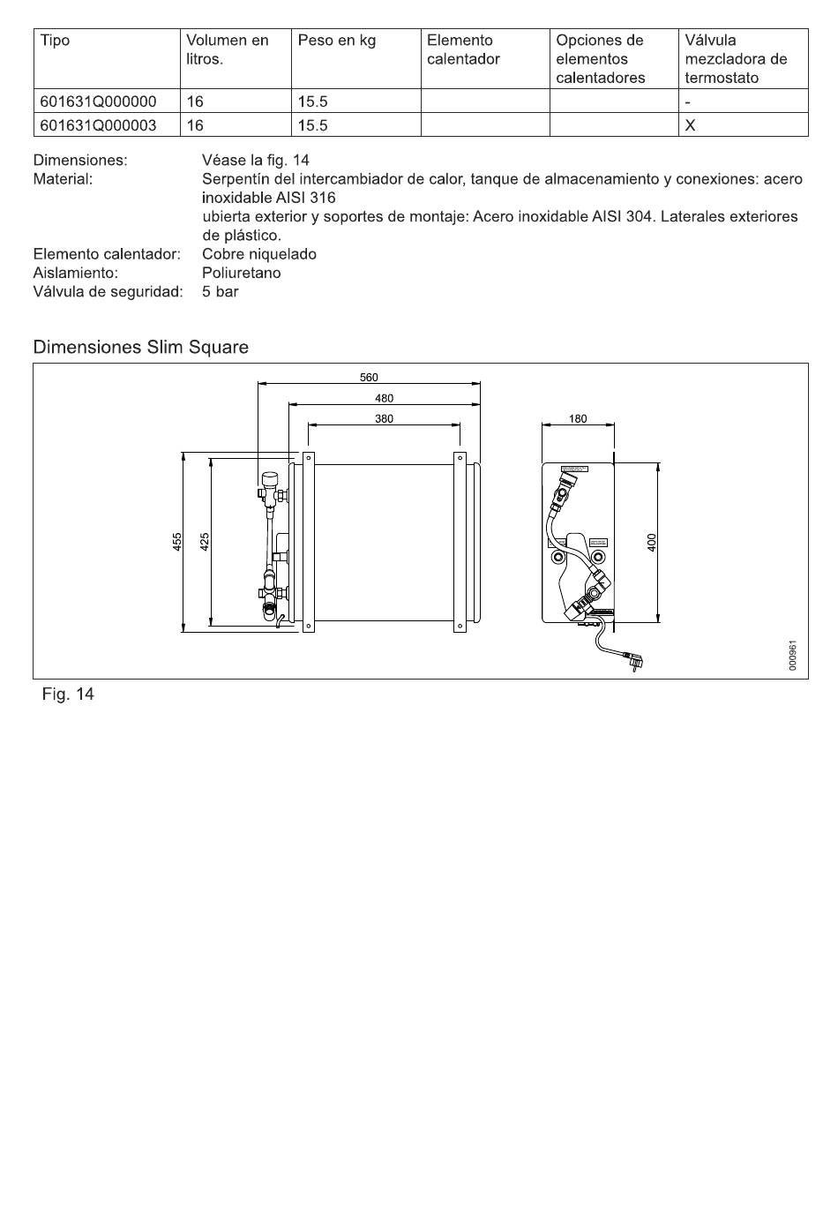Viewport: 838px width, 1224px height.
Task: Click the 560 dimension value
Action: (369, 378)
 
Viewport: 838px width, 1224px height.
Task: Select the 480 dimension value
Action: (384, 399)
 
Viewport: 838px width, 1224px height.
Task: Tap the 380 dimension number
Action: (384, 419)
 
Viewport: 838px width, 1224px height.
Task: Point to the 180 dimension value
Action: (578, 419)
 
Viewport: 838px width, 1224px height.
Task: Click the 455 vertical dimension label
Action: (177, 542)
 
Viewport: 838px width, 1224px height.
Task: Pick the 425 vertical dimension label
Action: (204, 542)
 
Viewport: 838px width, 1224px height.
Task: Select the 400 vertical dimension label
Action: (652, 542)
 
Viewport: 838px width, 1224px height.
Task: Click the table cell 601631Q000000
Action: (98, 101)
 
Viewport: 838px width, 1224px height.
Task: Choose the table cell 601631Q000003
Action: (98, 125)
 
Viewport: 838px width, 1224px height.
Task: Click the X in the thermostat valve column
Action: (690, 125)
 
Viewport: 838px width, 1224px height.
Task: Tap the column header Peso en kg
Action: (336, 41)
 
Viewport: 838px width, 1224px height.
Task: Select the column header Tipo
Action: (55, 41)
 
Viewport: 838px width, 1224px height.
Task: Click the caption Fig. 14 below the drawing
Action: (68, 695)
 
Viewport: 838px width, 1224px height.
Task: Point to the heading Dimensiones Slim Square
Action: (140, 348)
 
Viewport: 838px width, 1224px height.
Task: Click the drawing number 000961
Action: (793, 656)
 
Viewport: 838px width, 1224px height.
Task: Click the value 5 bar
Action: (220, 292)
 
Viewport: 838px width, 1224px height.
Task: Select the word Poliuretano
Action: (241, 274)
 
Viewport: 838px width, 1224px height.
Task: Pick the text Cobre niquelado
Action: (258, 254)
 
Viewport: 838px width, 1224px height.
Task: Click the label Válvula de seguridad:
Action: (108, 292)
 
